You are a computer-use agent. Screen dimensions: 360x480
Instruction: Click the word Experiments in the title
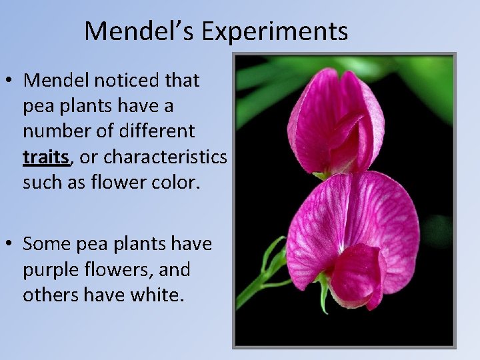coord(275,31)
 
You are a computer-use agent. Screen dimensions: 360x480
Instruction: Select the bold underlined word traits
coord(45,157)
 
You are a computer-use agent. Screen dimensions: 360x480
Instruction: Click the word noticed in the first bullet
coord(120,81)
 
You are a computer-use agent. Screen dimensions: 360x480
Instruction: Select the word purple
coord(49,270)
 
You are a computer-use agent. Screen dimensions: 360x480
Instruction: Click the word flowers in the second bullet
coord(117,270)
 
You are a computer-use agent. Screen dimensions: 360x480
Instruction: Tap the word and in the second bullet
coord(175,270)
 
